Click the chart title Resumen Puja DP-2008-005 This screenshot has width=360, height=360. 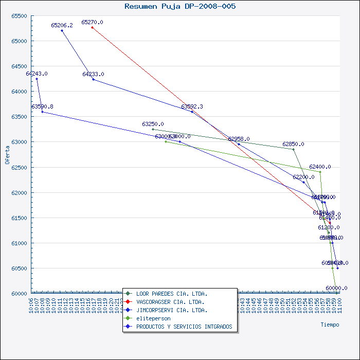tap(180, 6)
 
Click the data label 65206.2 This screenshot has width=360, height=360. tap(62, 25)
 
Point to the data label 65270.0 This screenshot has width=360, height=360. tap(92, 22)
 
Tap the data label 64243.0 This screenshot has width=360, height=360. tap(37, 74)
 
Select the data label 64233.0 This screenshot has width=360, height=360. tap(93, 74)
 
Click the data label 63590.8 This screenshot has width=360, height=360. tap(42, 106)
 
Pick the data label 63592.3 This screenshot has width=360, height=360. tap(192, 106)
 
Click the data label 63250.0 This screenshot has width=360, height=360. tap(153, 124)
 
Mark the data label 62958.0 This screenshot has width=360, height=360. tap(239, 139)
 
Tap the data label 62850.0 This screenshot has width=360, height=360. tap(293, 144)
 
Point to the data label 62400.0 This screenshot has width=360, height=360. tap(320, 167)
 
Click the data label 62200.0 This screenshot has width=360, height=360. tap(303, 177)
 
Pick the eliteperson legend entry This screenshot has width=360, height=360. tap(153, 318)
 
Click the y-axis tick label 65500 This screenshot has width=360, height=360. tap(19, 15)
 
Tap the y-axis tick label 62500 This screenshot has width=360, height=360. tap(19, 167)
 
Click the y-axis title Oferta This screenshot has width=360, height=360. tap(7, 154)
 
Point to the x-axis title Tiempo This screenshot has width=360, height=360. tap(330, 325)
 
